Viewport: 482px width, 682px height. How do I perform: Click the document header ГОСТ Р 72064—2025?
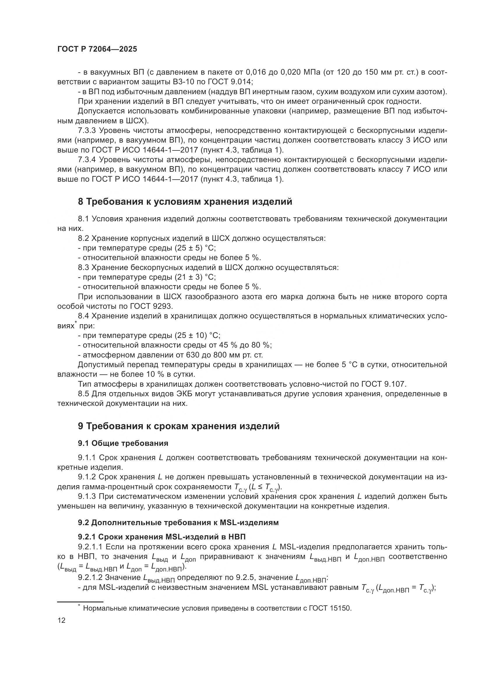click(x=97, y=49)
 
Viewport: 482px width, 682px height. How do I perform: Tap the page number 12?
click(x=61, y=620)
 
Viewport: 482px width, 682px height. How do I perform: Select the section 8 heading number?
click(x=81, y=202)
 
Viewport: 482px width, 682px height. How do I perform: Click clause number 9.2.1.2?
click(x=90, y=577)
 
